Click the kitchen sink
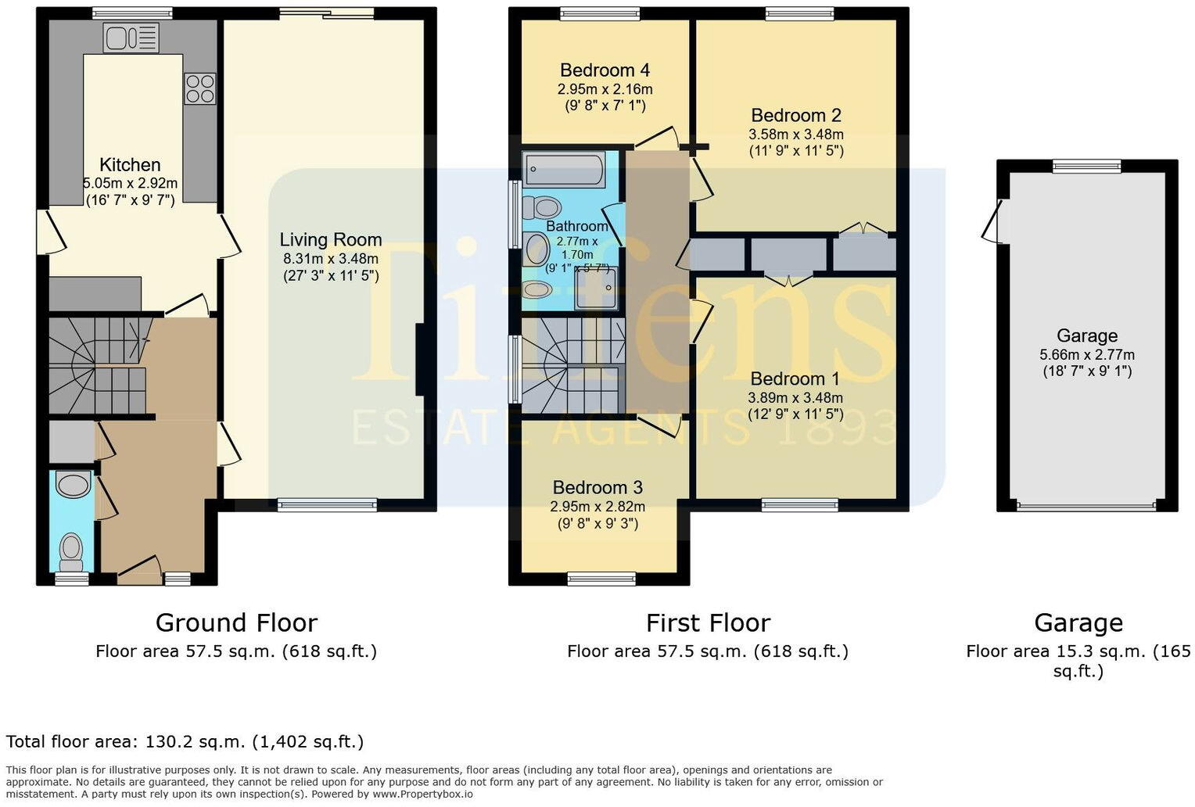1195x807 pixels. (x=131, y=38)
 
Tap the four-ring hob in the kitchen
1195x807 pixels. (x=199, y=88)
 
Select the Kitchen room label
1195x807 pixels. (x=130, y=165)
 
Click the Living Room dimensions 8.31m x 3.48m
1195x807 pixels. (x=330, y=259)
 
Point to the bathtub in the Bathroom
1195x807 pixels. (x=565, y=170)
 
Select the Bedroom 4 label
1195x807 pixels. (x=605, y=70)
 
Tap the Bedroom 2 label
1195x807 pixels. (x=795, y=116)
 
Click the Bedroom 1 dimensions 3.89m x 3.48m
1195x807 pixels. (x=795, y=398)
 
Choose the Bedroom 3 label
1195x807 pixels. (x=597, y=488)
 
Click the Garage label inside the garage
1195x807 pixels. (x=1086, y=336)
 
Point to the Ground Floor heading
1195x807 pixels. (x=236, y=623)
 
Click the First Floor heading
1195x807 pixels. (x=708, y=623)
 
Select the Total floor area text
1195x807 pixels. (x=185, y=741)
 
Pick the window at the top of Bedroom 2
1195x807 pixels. (x=799, y=13)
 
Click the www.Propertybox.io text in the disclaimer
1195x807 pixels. (x=423, y=794)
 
